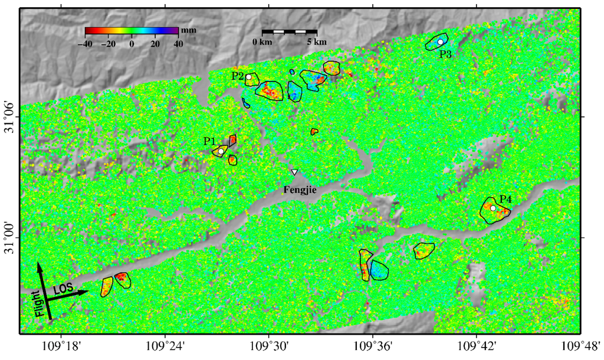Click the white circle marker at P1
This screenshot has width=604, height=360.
221,151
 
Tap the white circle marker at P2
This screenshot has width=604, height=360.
249,77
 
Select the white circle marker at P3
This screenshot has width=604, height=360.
440,42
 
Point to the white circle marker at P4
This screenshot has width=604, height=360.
493,208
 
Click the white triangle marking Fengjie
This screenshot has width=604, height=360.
294,172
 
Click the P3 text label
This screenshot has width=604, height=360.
445,54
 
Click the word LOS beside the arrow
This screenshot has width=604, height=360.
64,289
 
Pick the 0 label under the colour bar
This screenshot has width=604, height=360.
132,44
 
